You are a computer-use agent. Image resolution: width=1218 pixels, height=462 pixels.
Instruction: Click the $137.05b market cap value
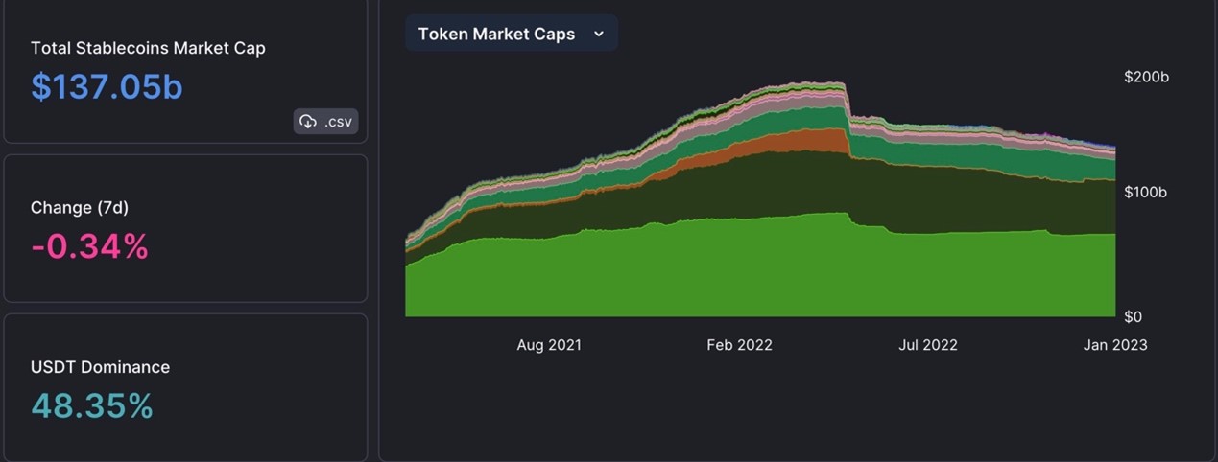107,86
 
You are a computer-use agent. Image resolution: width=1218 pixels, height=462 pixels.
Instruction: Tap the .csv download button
326,121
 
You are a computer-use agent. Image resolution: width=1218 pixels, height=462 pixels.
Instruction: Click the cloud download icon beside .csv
308,121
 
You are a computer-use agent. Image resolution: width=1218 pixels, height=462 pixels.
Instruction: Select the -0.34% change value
89,246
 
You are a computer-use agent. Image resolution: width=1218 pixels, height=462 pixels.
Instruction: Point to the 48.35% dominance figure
92,405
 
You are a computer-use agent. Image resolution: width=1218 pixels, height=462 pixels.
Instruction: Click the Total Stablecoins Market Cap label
148,48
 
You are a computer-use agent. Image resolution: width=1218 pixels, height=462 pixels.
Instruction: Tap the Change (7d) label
80,207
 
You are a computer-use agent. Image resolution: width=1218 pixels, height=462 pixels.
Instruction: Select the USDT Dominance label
100,367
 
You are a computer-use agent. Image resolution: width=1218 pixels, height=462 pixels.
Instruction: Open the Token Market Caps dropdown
511,34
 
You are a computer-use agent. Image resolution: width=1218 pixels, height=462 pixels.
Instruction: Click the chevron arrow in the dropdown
599,34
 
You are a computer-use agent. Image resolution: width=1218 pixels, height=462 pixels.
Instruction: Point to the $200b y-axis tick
1146,77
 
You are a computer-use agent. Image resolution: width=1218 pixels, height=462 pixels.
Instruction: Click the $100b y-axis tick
1146,192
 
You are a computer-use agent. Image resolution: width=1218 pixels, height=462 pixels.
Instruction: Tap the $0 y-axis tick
1133,316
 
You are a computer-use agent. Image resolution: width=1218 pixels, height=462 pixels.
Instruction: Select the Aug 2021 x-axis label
549,345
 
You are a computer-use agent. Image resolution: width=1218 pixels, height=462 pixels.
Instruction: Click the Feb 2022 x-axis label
739,345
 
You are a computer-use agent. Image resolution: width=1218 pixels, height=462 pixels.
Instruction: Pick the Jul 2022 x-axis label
927,345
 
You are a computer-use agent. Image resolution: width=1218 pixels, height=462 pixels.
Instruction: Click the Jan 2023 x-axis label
1114,345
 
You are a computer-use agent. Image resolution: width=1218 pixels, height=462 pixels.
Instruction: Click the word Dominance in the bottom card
130,367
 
